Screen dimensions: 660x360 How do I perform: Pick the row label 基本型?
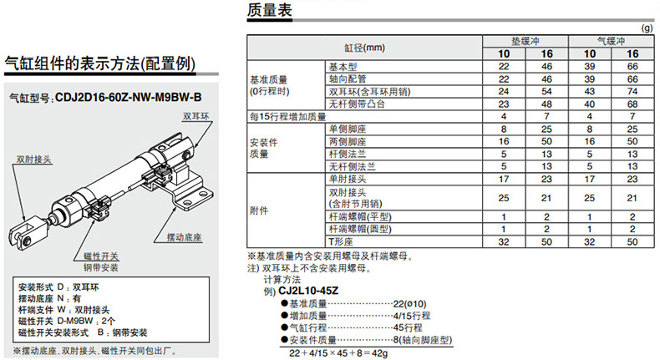342,66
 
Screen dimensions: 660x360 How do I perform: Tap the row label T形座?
338,241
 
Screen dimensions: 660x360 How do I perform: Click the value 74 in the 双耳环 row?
631,91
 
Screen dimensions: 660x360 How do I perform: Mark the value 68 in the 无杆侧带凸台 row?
631,104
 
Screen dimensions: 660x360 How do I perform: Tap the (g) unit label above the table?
646,28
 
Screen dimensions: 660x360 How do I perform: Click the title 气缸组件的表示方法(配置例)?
100,63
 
